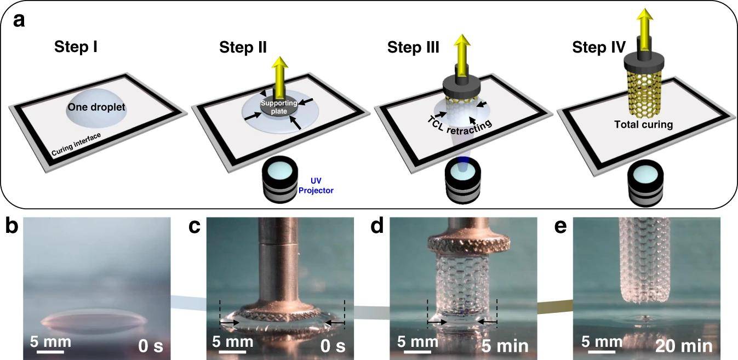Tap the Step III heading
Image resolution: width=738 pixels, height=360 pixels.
tap(413, 48)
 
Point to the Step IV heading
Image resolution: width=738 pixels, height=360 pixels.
tap(598, 48)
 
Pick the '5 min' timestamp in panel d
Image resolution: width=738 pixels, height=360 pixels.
tap(505, 346)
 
